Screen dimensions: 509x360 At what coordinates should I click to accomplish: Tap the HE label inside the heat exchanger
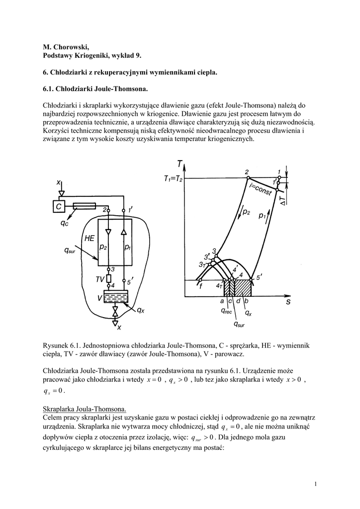89,239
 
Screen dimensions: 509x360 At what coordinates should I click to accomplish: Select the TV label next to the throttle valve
99,279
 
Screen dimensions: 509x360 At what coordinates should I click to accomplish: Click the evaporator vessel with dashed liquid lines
115,297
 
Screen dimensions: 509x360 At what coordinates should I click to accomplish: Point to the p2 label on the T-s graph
246,212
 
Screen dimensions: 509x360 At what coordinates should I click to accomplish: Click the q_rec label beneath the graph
227,311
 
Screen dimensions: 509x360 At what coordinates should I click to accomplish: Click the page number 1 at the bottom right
316,484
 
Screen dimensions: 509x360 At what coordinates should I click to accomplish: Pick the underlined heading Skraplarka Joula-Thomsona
85,409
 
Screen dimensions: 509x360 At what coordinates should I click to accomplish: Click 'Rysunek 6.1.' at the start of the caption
62,345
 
